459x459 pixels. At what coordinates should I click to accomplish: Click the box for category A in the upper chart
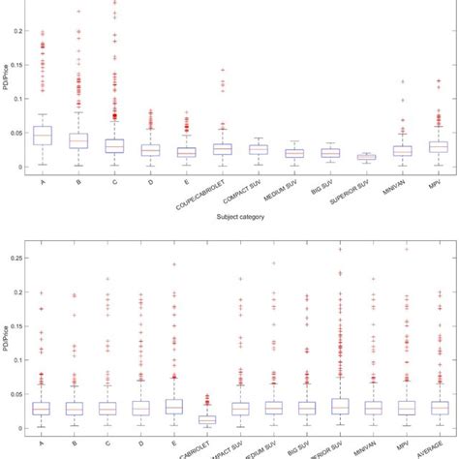point(43,136)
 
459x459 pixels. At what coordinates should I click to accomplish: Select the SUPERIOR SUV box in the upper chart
point(366,157)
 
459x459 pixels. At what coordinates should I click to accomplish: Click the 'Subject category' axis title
point(241,218)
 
